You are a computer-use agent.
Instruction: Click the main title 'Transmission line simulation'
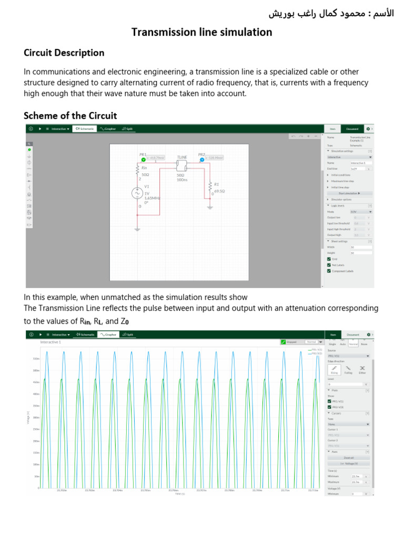pyautogui.click(x=201, y=33)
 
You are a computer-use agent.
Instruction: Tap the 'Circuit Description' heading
pyautogui.click(x=64, y=53)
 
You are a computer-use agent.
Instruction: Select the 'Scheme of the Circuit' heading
pyautogui.click(x=70, y=116)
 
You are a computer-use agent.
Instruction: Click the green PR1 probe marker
pyautogui.click(x=143, y=159)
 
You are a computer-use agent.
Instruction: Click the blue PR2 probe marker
pyautogui.click(x=201, y=159)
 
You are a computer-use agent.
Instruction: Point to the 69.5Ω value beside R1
pyautogui.click(x=219, y=191)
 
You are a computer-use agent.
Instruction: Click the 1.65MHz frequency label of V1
pyautogui.click(x=152, y=198)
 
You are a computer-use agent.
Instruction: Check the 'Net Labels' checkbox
pyautogui.click(x=329, y=265)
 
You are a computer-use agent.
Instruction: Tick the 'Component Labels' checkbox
pyautogui.click(x=329, y=271)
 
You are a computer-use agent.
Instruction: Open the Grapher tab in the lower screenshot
pyautogui.click(x=108, y=334)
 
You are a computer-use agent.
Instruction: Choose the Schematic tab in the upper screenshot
pyautogui.click(x=85, y=128)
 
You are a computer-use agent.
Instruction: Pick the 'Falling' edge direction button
pyautogui.click(x=348, y=370)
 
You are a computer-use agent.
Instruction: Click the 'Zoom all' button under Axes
pyautogui.click(x=349, y=458)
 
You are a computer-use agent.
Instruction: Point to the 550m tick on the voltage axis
pyautogui.click(x=36, y=359)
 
